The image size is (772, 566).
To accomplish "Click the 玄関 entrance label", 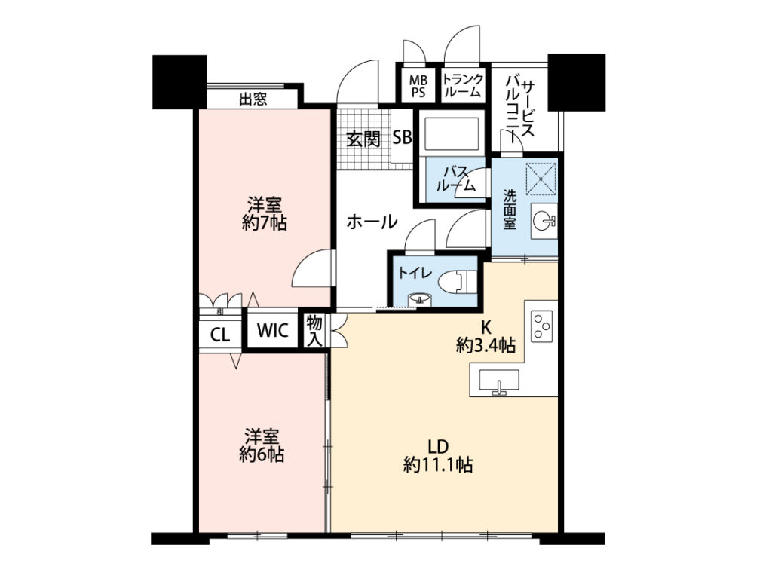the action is click(x=363, y=139).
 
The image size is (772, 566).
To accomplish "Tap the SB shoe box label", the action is click(x=403, y=137).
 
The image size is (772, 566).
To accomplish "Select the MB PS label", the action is click(x=418, y=86).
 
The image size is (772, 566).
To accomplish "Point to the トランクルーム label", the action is click(x=462, y=85).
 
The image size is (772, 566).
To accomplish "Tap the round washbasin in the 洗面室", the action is click(x=544, y=221).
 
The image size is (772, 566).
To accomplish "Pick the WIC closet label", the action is click(x=272, y=330).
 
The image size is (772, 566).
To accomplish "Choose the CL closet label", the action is click(x=219, y=335).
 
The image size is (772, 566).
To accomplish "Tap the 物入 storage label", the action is click(x=314, y=331).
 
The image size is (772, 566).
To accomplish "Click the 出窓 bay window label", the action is click(x=253, y=99).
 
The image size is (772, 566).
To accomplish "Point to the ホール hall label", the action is click(x=372, y=222).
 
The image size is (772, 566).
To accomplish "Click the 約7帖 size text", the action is click(x=265, y=224).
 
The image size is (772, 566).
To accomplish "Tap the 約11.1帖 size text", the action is click(x=438, y=464).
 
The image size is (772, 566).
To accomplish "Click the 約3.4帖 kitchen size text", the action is click(x=486, y=346).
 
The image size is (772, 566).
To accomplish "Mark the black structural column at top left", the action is click(x=179, y=81).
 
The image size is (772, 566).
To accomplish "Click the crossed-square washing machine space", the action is click(x=541, y=179).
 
